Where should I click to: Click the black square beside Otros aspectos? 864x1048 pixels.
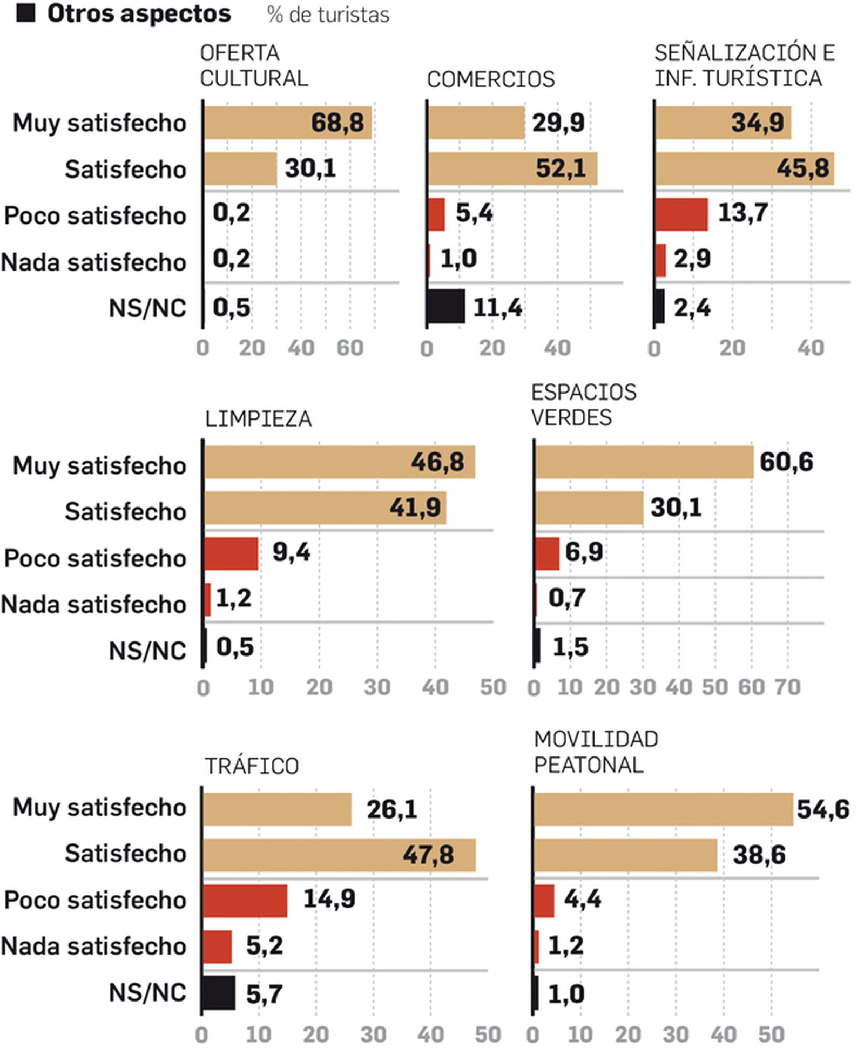pyautogui.click(x=25, y=13)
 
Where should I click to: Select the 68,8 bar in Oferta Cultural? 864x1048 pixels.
pyautogui.click(x=287, y=123)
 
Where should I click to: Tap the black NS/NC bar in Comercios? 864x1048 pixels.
pyautogui.click(x=446, y=307)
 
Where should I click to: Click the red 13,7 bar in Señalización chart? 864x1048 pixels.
pyautogui.click(x=681, y=214)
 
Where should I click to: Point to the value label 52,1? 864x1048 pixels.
pyautogui.click(x=561, y=168)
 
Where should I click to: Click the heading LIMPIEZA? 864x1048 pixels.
pyautogui.click(x=258, y=419)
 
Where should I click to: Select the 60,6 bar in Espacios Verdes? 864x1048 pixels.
pyautogui.click(x=644, y=462)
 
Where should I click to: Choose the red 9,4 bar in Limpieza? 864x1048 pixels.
pyautogui.click(x=231, y=553)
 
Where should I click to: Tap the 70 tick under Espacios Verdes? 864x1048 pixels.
pyautogui.click(x=787, y=687)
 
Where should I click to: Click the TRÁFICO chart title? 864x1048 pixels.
pyautogui.click(x=252, y=766)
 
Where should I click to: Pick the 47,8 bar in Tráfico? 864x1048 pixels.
pyautogui.click(x=339, y=855)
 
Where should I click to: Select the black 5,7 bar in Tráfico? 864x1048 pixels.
pyautogui.click(x=219, y=993)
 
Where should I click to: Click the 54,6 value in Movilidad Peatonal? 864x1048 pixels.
pyautogui.click(x=822, y=809)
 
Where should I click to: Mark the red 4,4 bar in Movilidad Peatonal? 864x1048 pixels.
pyautogui.click(x=544, y=901)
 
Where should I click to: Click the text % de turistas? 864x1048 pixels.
pyautogui.click(x=328, y=15)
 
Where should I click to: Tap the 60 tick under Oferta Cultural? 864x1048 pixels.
pyautogui.click(x=349, y=348)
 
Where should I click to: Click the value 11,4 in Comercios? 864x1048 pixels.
pyautogui.click(x=497, y=308)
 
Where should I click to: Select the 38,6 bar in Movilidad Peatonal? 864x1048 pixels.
pyautogui.click(x=625, y=855)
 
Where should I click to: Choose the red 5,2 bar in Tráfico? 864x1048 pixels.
pyautogui.click(x=218, y=946)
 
